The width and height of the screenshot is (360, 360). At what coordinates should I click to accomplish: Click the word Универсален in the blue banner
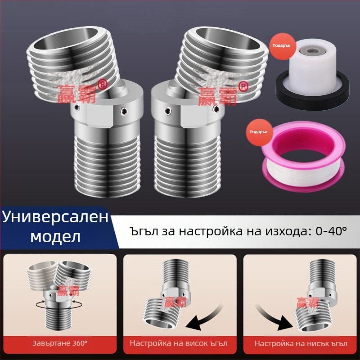(56, 217)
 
